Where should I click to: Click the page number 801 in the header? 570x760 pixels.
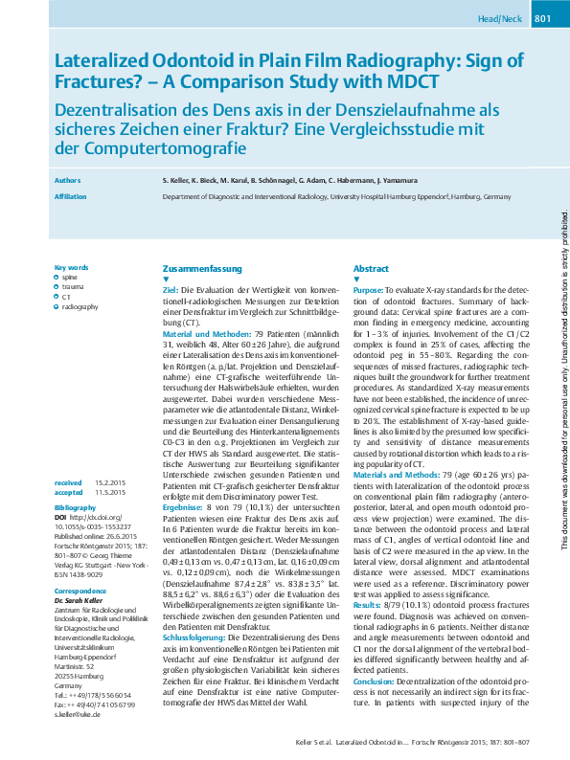[542, 19]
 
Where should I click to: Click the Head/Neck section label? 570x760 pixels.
[500, 19]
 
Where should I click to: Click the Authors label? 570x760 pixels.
[68, 179]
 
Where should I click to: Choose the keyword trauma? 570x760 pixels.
[73, 286]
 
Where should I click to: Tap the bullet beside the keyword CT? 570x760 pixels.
[57, 297]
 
